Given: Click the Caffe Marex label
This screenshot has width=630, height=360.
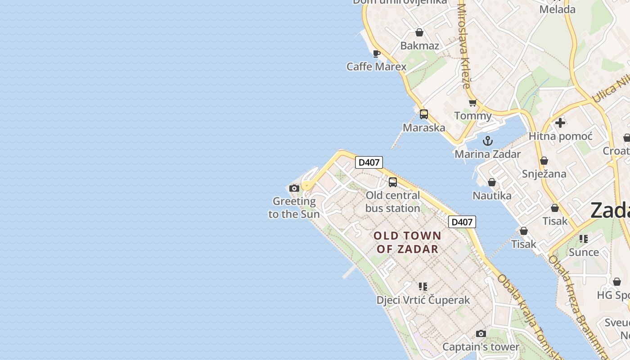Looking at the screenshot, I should pos(376,67).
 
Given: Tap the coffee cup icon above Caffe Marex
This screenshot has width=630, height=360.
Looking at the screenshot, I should pos(377,54).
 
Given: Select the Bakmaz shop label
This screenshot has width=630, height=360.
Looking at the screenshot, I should pos(419,45).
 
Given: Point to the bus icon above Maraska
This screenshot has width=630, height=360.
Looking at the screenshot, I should pos(424,114).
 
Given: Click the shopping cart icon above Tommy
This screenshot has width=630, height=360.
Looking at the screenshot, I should pos(472,103).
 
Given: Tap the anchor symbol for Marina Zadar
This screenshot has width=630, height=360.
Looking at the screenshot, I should pos(488,141).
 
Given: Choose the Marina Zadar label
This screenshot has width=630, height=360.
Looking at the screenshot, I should pos(487,154).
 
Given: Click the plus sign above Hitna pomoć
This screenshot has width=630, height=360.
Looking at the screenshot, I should pos(560,123).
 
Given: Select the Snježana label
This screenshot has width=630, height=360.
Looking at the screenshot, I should pos(544,174).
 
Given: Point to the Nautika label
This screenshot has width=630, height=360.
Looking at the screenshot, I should pos(492,195).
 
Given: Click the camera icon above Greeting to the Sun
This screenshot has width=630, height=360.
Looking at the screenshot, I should pos(294,188).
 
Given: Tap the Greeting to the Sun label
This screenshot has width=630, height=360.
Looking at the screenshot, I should pos(294,207).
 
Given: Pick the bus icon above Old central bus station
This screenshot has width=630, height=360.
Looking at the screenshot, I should pos(393,182).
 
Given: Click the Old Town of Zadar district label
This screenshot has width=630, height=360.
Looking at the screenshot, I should pos(407,242).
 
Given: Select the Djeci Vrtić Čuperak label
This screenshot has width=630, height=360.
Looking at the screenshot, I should pos(423,300).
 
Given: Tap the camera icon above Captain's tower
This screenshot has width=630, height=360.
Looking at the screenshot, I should pos(481,334).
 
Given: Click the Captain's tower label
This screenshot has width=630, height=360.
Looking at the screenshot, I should pos(481,347).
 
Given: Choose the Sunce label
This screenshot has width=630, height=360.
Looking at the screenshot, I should pos(584,252).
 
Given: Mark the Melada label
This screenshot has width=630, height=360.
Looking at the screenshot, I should pos(557,9).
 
